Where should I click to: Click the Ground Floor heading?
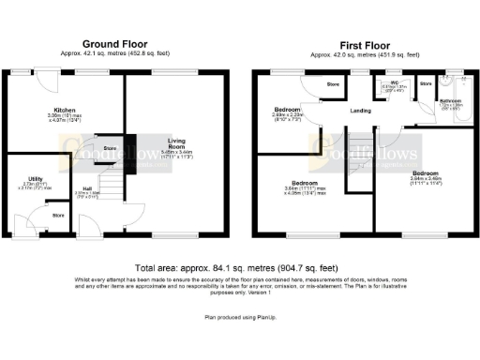tap(116, 45)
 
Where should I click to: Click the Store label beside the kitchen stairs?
tap(109, 148)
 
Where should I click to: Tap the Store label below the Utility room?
tap(58, 216)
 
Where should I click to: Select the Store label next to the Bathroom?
tap(425, 83)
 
